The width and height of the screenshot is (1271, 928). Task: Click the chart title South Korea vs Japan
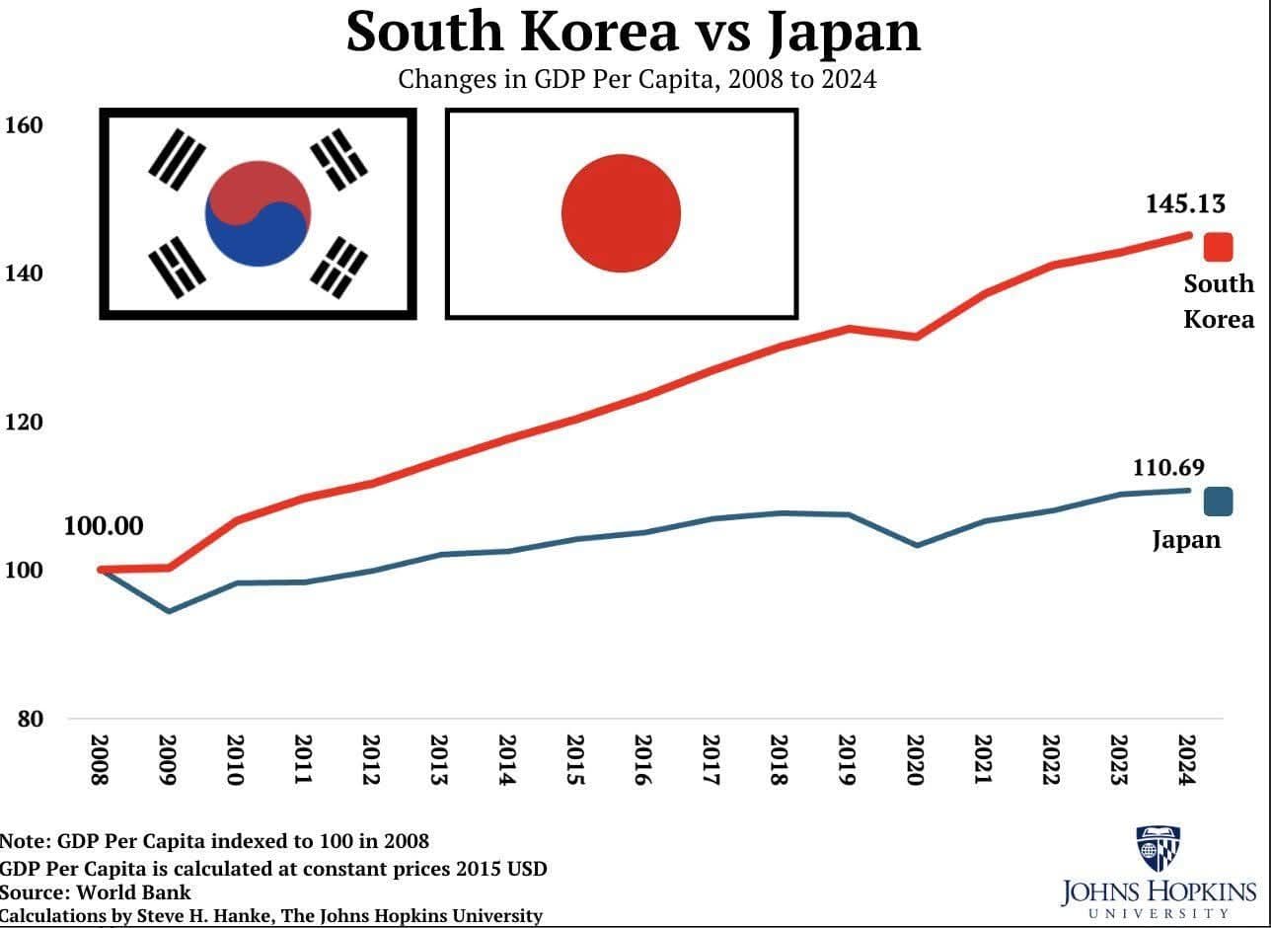[x=634, y=32]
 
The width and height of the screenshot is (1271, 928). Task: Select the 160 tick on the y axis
[x=24, y=125]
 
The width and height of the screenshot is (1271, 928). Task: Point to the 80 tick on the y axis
[x=30, y=719]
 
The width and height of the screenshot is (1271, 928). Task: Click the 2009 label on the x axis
[x=167, y=760]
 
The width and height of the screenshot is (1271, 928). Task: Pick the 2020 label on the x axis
[x=915, y=760]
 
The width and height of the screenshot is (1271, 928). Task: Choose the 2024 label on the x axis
[x=1186, y=760]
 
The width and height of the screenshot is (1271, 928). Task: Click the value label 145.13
[x=1185, y=204]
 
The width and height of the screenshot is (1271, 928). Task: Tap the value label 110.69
[x=1168, y=468]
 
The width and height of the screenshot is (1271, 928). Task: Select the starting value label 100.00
[x=104, y=526]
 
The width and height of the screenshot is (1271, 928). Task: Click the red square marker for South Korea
[x=1218, y=247]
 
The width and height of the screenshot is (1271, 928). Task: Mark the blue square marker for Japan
[x=1218, y=502]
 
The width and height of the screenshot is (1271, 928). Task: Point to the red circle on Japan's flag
[x=621, y=213]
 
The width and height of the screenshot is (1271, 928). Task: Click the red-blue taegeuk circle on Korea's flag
[x=258, y=213]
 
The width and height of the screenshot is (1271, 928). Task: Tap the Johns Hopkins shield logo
[x=1159, y=848]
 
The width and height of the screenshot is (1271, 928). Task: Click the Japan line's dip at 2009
[x=169, y=611]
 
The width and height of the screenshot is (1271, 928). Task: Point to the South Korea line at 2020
[x=917, y=337]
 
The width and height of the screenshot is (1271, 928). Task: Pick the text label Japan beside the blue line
[x=1186, y=540]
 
